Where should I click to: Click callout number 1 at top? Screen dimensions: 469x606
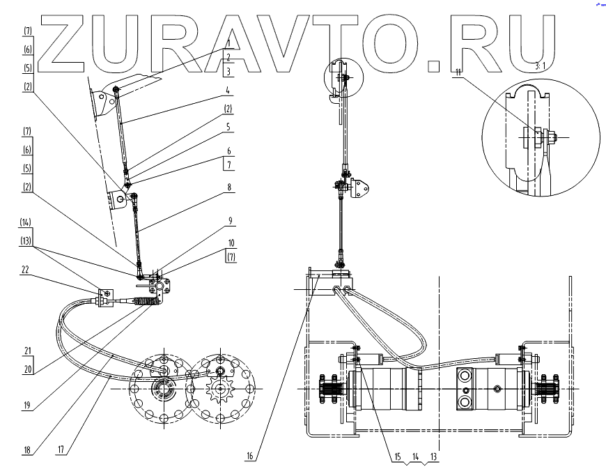pos(228,43)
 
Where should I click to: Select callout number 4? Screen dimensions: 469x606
pos(228,89)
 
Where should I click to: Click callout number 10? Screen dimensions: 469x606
pos(231,243)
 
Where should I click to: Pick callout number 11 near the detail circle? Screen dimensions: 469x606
pos(458,70)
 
